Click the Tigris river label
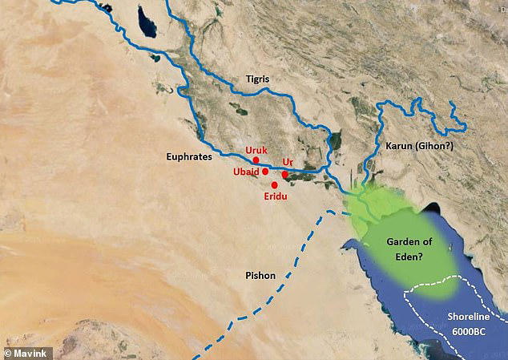[260, 80]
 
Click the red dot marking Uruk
[256, 160]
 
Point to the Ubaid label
[247, 172]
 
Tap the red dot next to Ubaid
[265, 172]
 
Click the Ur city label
[288, 163]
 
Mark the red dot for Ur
[284, 174]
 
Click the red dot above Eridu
[275, 185]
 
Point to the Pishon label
[260, 275]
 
